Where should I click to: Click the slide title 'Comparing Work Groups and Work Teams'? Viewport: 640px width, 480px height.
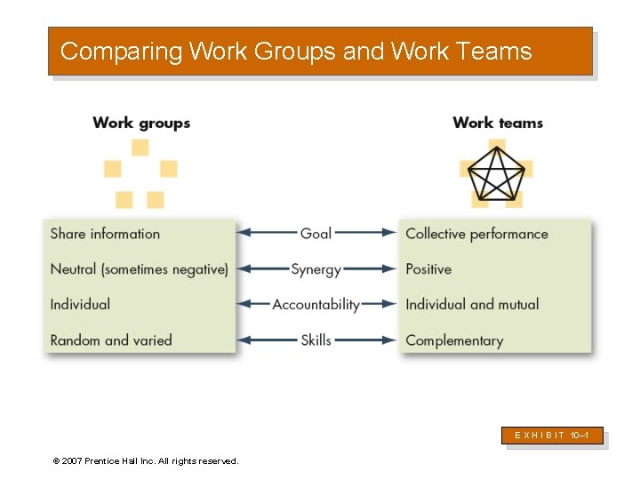[296, 52]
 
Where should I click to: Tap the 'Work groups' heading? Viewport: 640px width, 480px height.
[141, 123]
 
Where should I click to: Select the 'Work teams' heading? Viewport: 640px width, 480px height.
[498, 123]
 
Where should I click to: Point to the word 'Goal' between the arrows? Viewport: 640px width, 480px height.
[316, 233]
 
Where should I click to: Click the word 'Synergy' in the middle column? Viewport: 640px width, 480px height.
[316, 268]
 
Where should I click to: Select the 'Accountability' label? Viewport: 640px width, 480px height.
[316, 304]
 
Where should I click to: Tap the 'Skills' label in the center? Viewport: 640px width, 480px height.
[316, 340]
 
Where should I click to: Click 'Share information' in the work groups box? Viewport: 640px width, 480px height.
[105, 234]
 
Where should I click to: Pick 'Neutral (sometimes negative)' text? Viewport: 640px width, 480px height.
[140, 268]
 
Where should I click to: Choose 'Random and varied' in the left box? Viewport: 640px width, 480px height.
[111, 340]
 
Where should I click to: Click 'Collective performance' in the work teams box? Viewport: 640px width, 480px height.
[476, 234]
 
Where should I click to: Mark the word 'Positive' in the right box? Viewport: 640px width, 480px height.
[428, 268]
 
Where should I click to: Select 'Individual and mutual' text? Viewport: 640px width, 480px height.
[472, 304]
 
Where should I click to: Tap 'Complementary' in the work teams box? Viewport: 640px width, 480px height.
[454, 340]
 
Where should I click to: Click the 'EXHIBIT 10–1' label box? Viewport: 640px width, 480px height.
[555, 436]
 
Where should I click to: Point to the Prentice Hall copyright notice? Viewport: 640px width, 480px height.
[146, 460]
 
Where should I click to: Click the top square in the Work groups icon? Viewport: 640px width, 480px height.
[140, 148]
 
